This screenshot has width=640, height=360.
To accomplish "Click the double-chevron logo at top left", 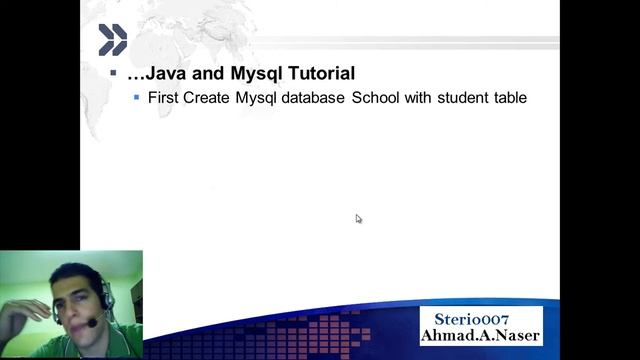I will [x=112, y=40].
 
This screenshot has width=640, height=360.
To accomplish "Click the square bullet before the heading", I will [x=113, y=74].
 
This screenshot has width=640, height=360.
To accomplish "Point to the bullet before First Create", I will [x=137, y=98].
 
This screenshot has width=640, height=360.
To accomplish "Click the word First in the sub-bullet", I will [x=163, y=98].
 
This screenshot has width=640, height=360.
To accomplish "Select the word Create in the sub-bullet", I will [x=207, y=98].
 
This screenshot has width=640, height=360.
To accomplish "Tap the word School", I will [x=376, y=98].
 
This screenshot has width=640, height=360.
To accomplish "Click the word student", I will [x=461, y=98].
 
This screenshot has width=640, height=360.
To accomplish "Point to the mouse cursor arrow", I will [x=358, y=218].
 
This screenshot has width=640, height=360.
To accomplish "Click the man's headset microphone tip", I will [x=89, y=323].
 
